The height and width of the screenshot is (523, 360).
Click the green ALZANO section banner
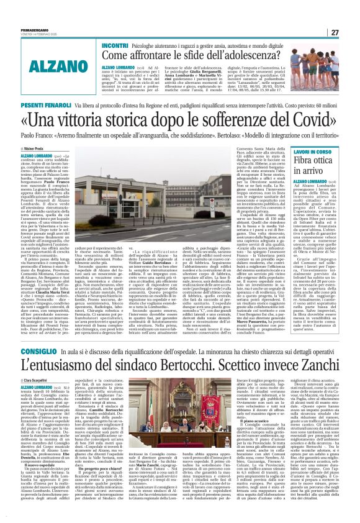pos(50,66)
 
